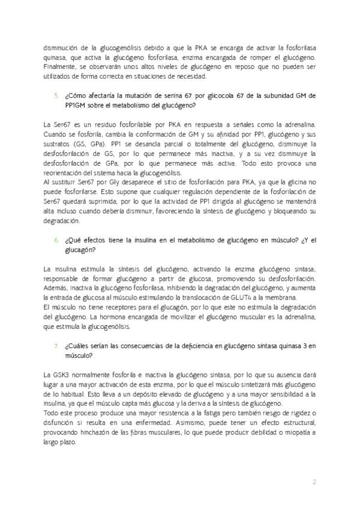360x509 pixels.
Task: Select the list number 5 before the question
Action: (x=56, y=95)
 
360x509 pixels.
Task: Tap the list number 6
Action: (x=56, y=240)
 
